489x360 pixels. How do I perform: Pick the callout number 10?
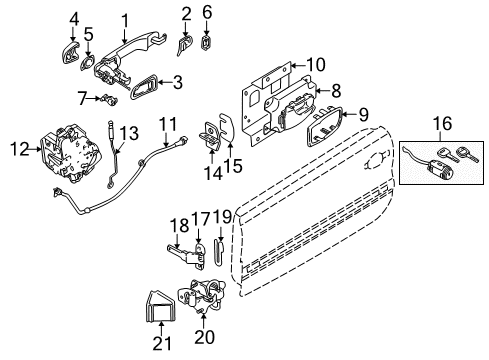(x=316, y=65)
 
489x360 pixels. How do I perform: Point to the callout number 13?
(x=126, y=132)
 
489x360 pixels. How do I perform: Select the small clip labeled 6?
(x=207, y=42)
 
